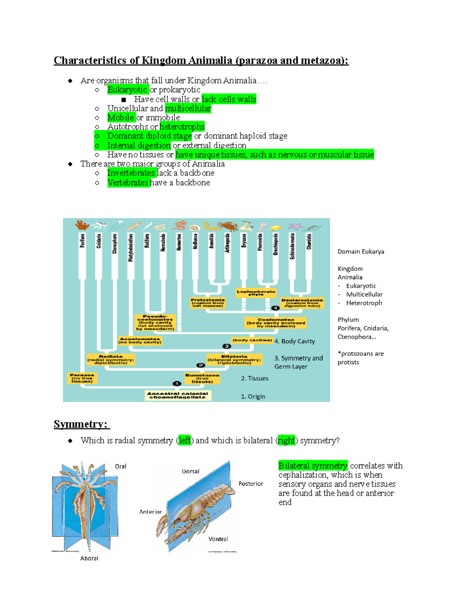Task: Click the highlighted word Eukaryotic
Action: click(x=127, y=90)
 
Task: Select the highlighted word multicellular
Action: click(x=188, y=108)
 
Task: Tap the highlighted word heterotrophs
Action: click(x=182, y=127)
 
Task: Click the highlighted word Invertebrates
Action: click(x=131, y=173)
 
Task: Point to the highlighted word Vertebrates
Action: click(x=128, y=183)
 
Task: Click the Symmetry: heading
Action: click(x=81, y=424)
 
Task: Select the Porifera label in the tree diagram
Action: click(x=83, y=241)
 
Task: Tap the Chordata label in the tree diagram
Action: click(x=309, y=242)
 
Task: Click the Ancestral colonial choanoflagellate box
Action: click(x=177, y=395)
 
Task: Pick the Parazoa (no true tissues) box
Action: click(x=82, y=378)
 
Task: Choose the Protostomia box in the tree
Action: click(x=208, y=303)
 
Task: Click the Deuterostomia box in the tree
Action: click(x=302, y=303)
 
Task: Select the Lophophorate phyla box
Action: click(x=256, y=293)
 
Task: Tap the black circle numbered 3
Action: click(x=227, y=346)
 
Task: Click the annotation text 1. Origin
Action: click(x=253, y=397)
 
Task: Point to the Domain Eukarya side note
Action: click(x=361, y=252)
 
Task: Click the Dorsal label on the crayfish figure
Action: click(x=190, y=472)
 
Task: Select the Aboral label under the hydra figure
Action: click(x=89, y=558)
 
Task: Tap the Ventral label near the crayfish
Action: click(x=218, y=539)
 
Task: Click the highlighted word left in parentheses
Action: click(x=185, y=441)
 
